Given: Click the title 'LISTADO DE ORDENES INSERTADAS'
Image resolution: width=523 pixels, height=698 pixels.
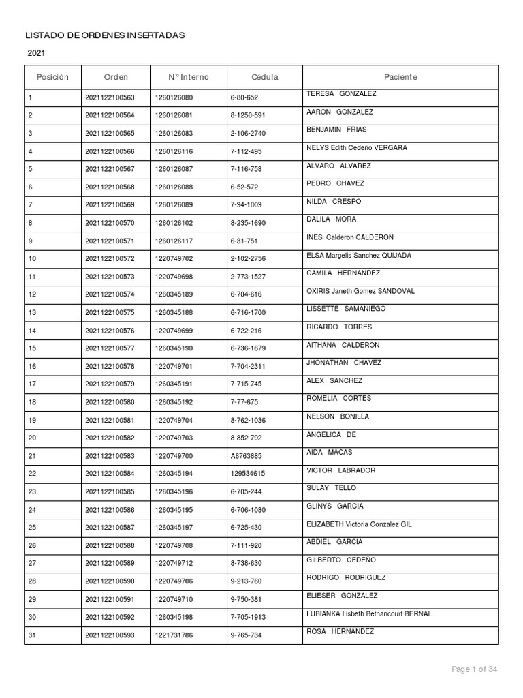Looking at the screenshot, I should pos(105,35).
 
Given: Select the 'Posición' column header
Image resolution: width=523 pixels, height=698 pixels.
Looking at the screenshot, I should pos(52,77).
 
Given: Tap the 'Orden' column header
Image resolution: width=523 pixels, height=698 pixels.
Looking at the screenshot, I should pos(116,77).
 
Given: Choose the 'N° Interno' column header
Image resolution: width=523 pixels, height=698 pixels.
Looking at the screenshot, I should pos(189,77).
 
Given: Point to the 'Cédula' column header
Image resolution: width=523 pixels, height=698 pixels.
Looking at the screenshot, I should pos(264,77).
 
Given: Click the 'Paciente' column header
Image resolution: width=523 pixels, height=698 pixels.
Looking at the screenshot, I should pos(400,77).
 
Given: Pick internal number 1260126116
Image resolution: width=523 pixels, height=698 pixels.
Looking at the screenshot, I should pos(174,151).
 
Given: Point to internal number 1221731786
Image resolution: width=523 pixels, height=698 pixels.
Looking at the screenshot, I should pos(174,635).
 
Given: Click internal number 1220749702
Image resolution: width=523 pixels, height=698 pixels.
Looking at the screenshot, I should pos(174,259).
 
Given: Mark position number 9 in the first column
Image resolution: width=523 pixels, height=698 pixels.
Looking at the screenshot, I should pos(30,241).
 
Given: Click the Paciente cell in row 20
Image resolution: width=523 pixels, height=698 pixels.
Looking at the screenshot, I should pos(332,435).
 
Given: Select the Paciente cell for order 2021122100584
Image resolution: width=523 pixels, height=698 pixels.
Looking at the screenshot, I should pos(341,470).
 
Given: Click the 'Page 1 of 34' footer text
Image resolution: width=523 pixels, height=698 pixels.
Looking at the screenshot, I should pos(475,670).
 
